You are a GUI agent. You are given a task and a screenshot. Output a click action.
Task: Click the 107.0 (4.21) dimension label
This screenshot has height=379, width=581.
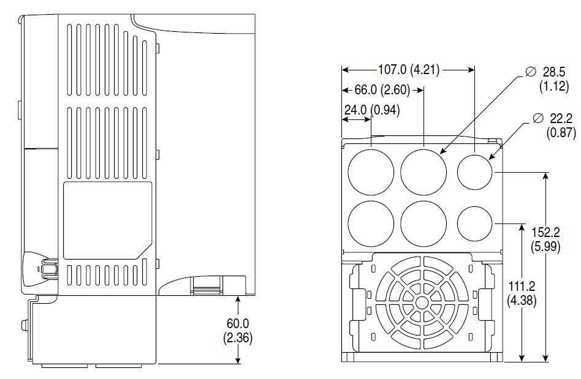(x=408, y=70)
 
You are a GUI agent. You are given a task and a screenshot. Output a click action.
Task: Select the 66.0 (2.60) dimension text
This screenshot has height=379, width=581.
(x=382, y=90)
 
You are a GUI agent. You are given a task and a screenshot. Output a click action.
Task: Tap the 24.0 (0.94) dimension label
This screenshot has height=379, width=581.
(x=372, y=110)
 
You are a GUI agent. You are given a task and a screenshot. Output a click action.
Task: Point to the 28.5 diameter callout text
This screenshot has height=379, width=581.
(x=553, y=79)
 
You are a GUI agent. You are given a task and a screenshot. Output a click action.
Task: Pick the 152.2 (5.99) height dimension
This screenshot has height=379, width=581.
(x=545, y=239)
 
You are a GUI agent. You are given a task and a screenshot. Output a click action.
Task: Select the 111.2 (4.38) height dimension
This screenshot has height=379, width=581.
(x=522, y=293)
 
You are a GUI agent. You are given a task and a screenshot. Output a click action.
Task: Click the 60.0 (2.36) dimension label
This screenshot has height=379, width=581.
(x=238, y=330)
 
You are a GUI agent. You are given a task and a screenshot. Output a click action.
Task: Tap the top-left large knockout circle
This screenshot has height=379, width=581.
(x=371, y=172)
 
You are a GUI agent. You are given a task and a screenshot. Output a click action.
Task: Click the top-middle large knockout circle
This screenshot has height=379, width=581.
(x=423, y=172)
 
